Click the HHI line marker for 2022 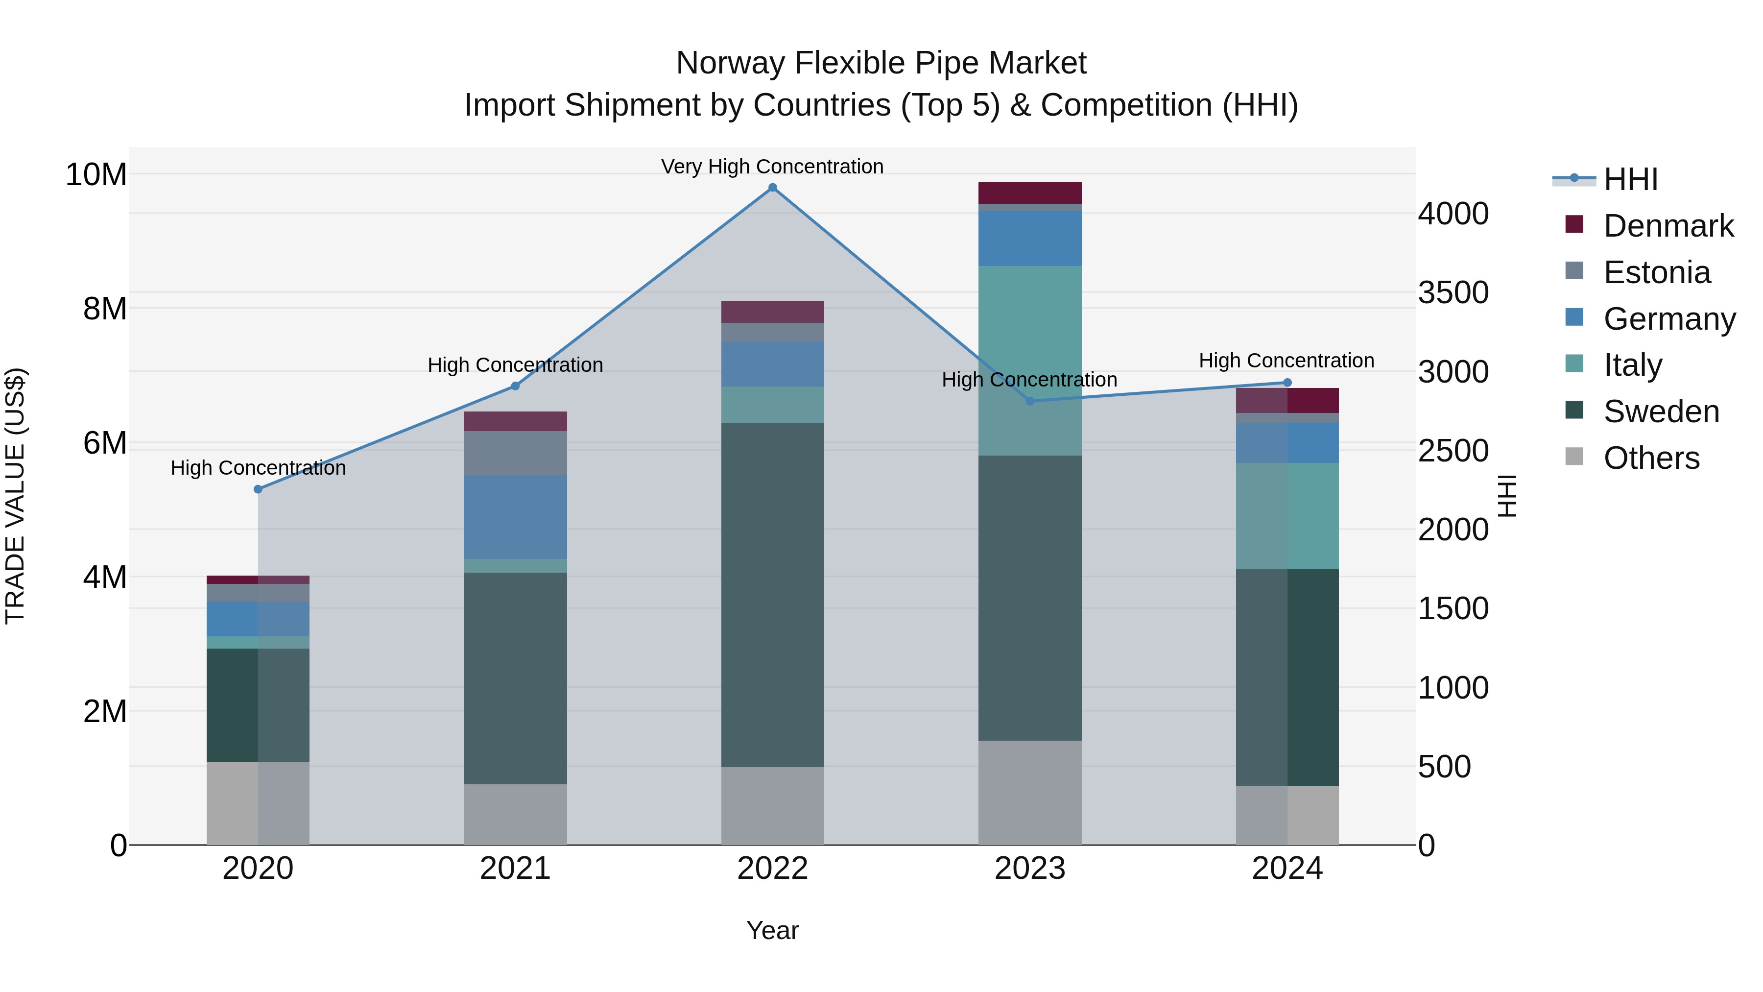pos(773,188)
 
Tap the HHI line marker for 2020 pos(258,489)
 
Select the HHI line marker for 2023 pos(1030,401)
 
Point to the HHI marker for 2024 pos(1287,383)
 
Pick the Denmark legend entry pos(1668,226)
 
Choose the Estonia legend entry pos(1656,272)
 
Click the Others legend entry pos(1651,458)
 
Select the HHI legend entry pos(1630,179)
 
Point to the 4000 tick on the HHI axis pos(1453,214)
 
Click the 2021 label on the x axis pos(515,869)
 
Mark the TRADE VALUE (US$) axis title pos(16,496)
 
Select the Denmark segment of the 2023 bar pos(1030,193)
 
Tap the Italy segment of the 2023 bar pos(1030,361)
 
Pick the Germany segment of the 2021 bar pos(515,517)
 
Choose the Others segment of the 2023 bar pos(1030,793)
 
